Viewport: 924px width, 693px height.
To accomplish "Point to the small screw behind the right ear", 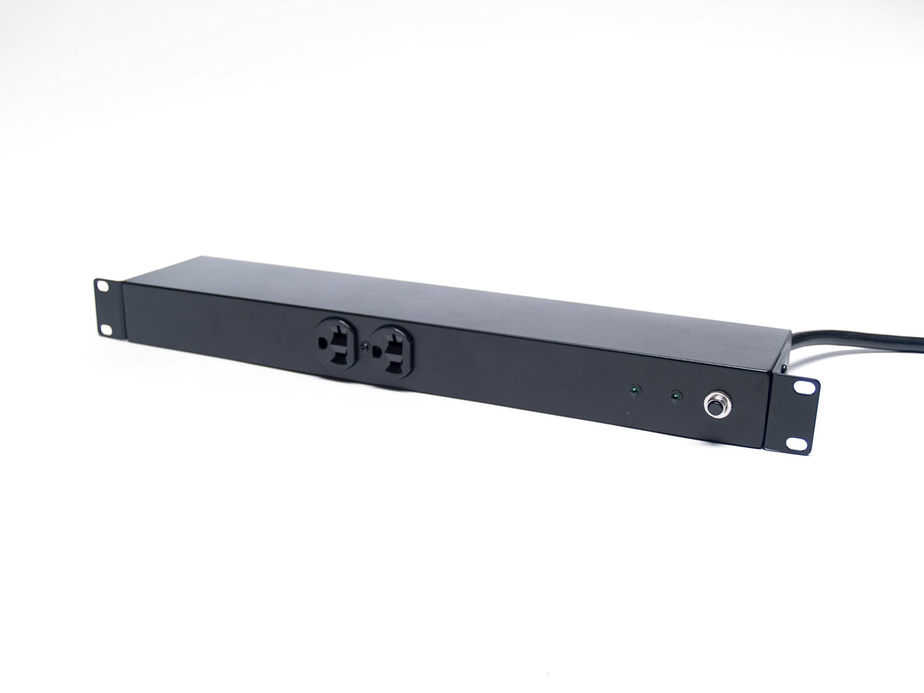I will pyautogui.click(x=781, y=370).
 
